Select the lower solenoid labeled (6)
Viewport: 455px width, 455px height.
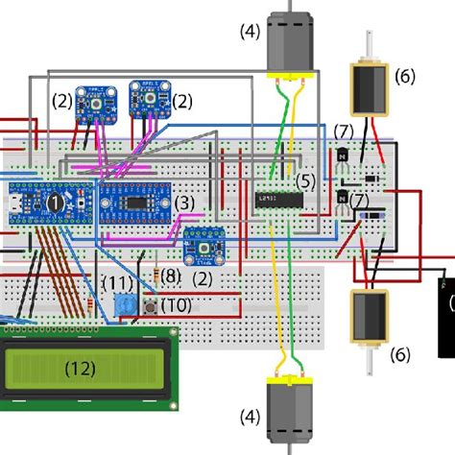365,318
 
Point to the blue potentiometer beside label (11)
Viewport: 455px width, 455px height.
121,306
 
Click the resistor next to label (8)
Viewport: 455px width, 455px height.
157,279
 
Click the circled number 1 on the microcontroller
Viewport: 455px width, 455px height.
58,203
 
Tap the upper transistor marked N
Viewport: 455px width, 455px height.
342,156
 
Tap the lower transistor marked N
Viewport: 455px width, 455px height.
342,199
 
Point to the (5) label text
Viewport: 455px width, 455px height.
305,180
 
